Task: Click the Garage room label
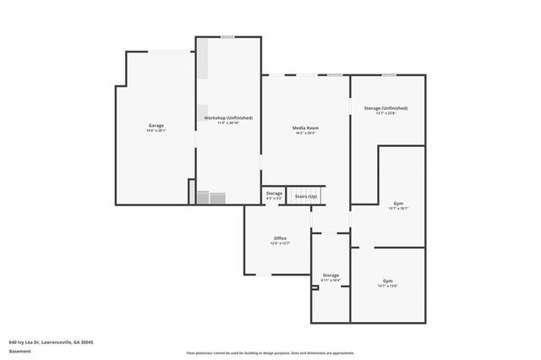[156, 126]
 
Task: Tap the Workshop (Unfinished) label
[228, 117]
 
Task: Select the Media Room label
[305, 128]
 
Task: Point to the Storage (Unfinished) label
[385, 108]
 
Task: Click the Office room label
[280, 238]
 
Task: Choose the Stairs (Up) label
[306, 197]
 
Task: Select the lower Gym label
[387, 281]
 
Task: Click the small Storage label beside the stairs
[274, 194]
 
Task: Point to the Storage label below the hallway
[331, 275]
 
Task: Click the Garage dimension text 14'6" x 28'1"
[156, 131]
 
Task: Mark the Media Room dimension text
[305, 133]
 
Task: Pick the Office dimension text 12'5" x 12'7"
[280, 243]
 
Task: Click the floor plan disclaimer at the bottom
[270, 352]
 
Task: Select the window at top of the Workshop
[227, 36]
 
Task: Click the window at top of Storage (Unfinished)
[388, 75]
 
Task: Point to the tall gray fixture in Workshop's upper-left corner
[203, 59]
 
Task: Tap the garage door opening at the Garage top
[170, 52]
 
